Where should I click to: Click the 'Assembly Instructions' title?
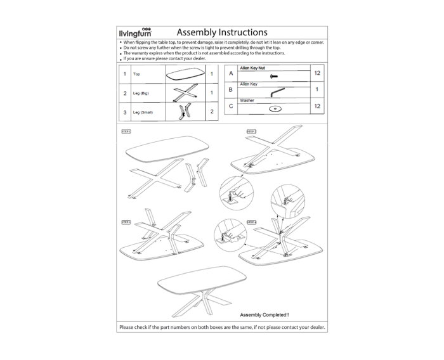221,32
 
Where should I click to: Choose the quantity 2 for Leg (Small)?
210,113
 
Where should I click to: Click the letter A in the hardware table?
230,74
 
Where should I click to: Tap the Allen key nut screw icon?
275,76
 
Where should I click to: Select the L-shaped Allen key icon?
276,93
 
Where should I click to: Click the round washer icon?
275,109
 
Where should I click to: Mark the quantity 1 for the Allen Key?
317,91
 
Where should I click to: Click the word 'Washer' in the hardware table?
247,100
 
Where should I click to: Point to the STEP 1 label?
125,131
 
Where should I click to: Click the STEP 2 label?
252,131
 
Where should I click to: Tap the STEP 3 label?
125,222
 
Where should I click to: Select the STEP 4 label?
251,222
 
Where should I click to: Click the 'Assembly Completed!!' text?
264,315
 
